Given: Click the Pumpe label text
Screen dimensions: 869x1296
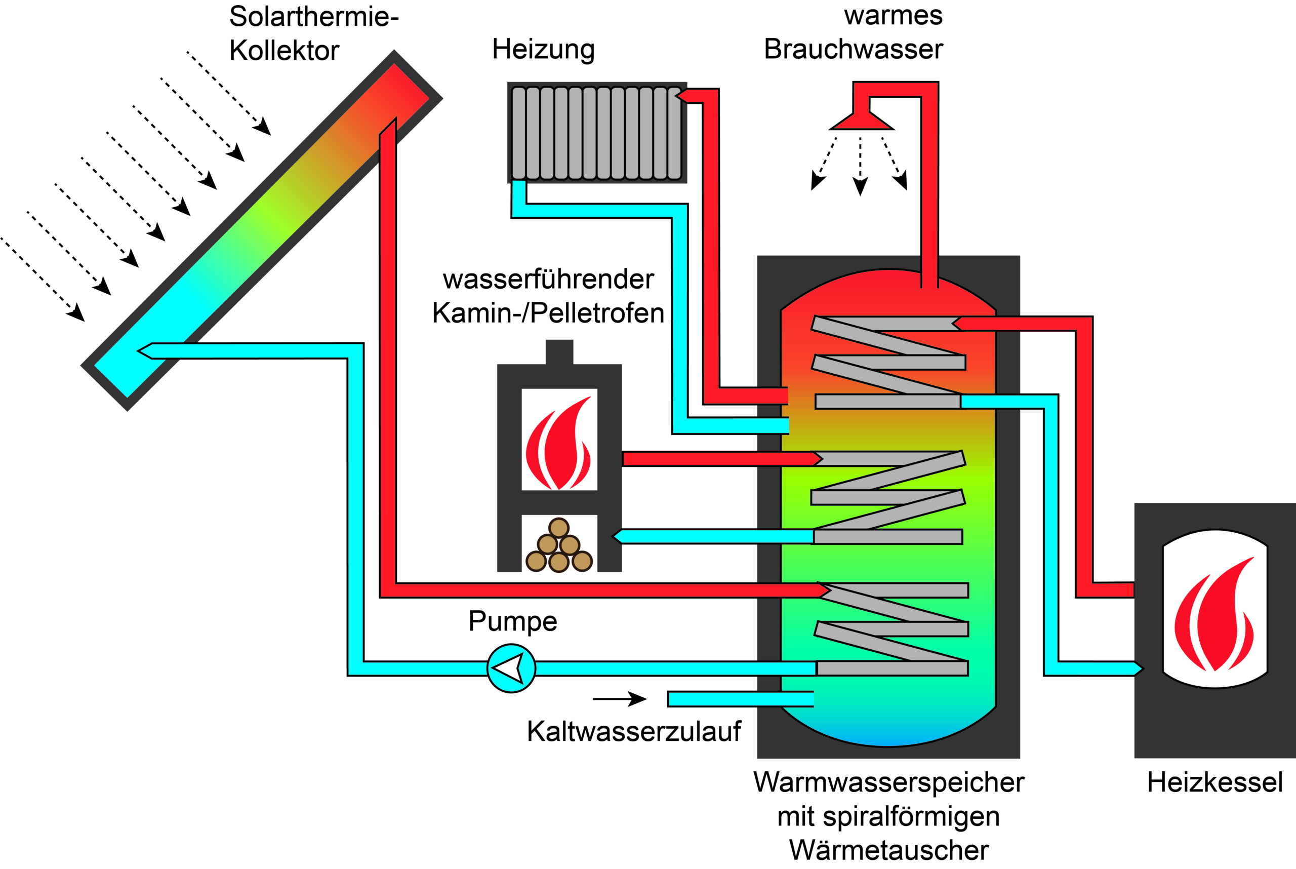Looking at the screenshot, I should tap(512, 621).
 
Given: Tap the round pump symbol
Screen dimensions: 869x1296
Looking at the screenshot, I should tap(511, 668).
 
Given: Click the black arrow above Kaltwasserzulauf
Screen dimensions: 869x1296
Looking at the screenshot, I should tap(619, 699).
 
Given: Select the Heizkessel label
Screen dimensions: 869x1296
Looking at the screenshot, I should tap(1214, 782).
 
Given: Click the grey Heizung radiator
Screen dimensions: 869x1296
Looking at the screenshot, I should tap(596, 133).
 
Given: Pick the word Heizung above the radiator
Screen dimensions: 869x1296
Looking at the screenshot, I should tap(543, 49).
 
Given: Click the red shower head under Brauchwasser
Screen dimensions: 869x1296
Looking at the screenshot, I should tap(862, 119).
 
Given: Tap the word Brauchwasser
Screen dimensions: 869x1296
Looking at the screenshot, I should tap(854, 49).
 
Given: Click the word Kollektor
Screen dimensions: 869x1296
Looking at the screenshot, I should tap(283, 51).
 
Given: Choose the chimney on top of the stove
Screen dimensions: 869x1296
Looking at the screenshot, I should tap(559, 352).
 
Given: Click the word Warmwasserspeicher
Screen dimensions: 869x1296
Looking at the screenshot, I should tap(888, 782).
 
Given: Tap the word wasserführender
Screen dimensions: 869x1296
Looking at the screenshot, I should tap(548, 279).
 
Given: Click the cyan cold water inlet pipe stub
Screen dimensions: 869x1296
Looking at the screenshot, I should tap(740, 699).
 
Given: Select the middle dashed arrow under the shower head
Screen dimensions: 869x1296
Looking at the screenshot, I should tap(860, 166).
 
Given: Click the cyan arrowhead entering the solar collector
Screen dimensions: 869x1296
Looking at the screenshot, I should tap(146, 351).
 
